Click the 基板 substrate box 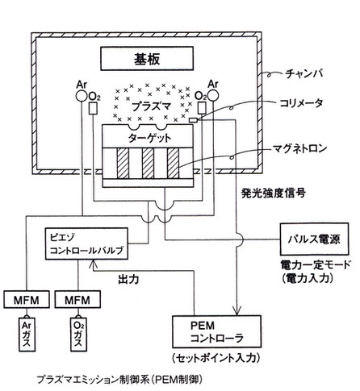pyautogui.click(x=147, y=59)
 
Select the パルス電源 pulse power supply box pyautogui.click(x=315, y=239)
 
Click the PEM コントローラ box pyautogui.click(x=216, y=331)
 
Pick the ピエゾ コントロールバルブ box pyautogui.click(x=86, y=243)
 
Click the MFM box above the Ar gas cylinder pyautogui.click(x=27, y=300)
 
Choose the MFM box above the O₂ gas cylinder pyautogui.click(x=77, y=300)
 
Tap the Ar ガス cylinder pyautogui.click(x=27, y=335)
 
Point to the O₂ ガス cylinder pyautogui.click(x=78, y=335)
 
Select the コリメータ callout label pyautogui.click(x=301, y=103)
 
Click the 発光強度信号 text pyautogui.click(x=274, y=193)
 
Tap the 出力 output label pyautogui.click(x=128, y=280)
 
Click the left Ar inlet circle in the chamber pyautogui.click(x=82, y=96)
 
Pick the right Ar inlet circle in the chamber pyautogui.click(x=212, y=96)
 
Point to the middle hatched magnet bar pyautogui.click(x=148, y=163)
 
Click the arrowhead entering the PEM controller pyautogui.click(x=237, y=311)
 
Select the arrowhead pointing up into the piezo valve pyautogui.click(x=94, y=264)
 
